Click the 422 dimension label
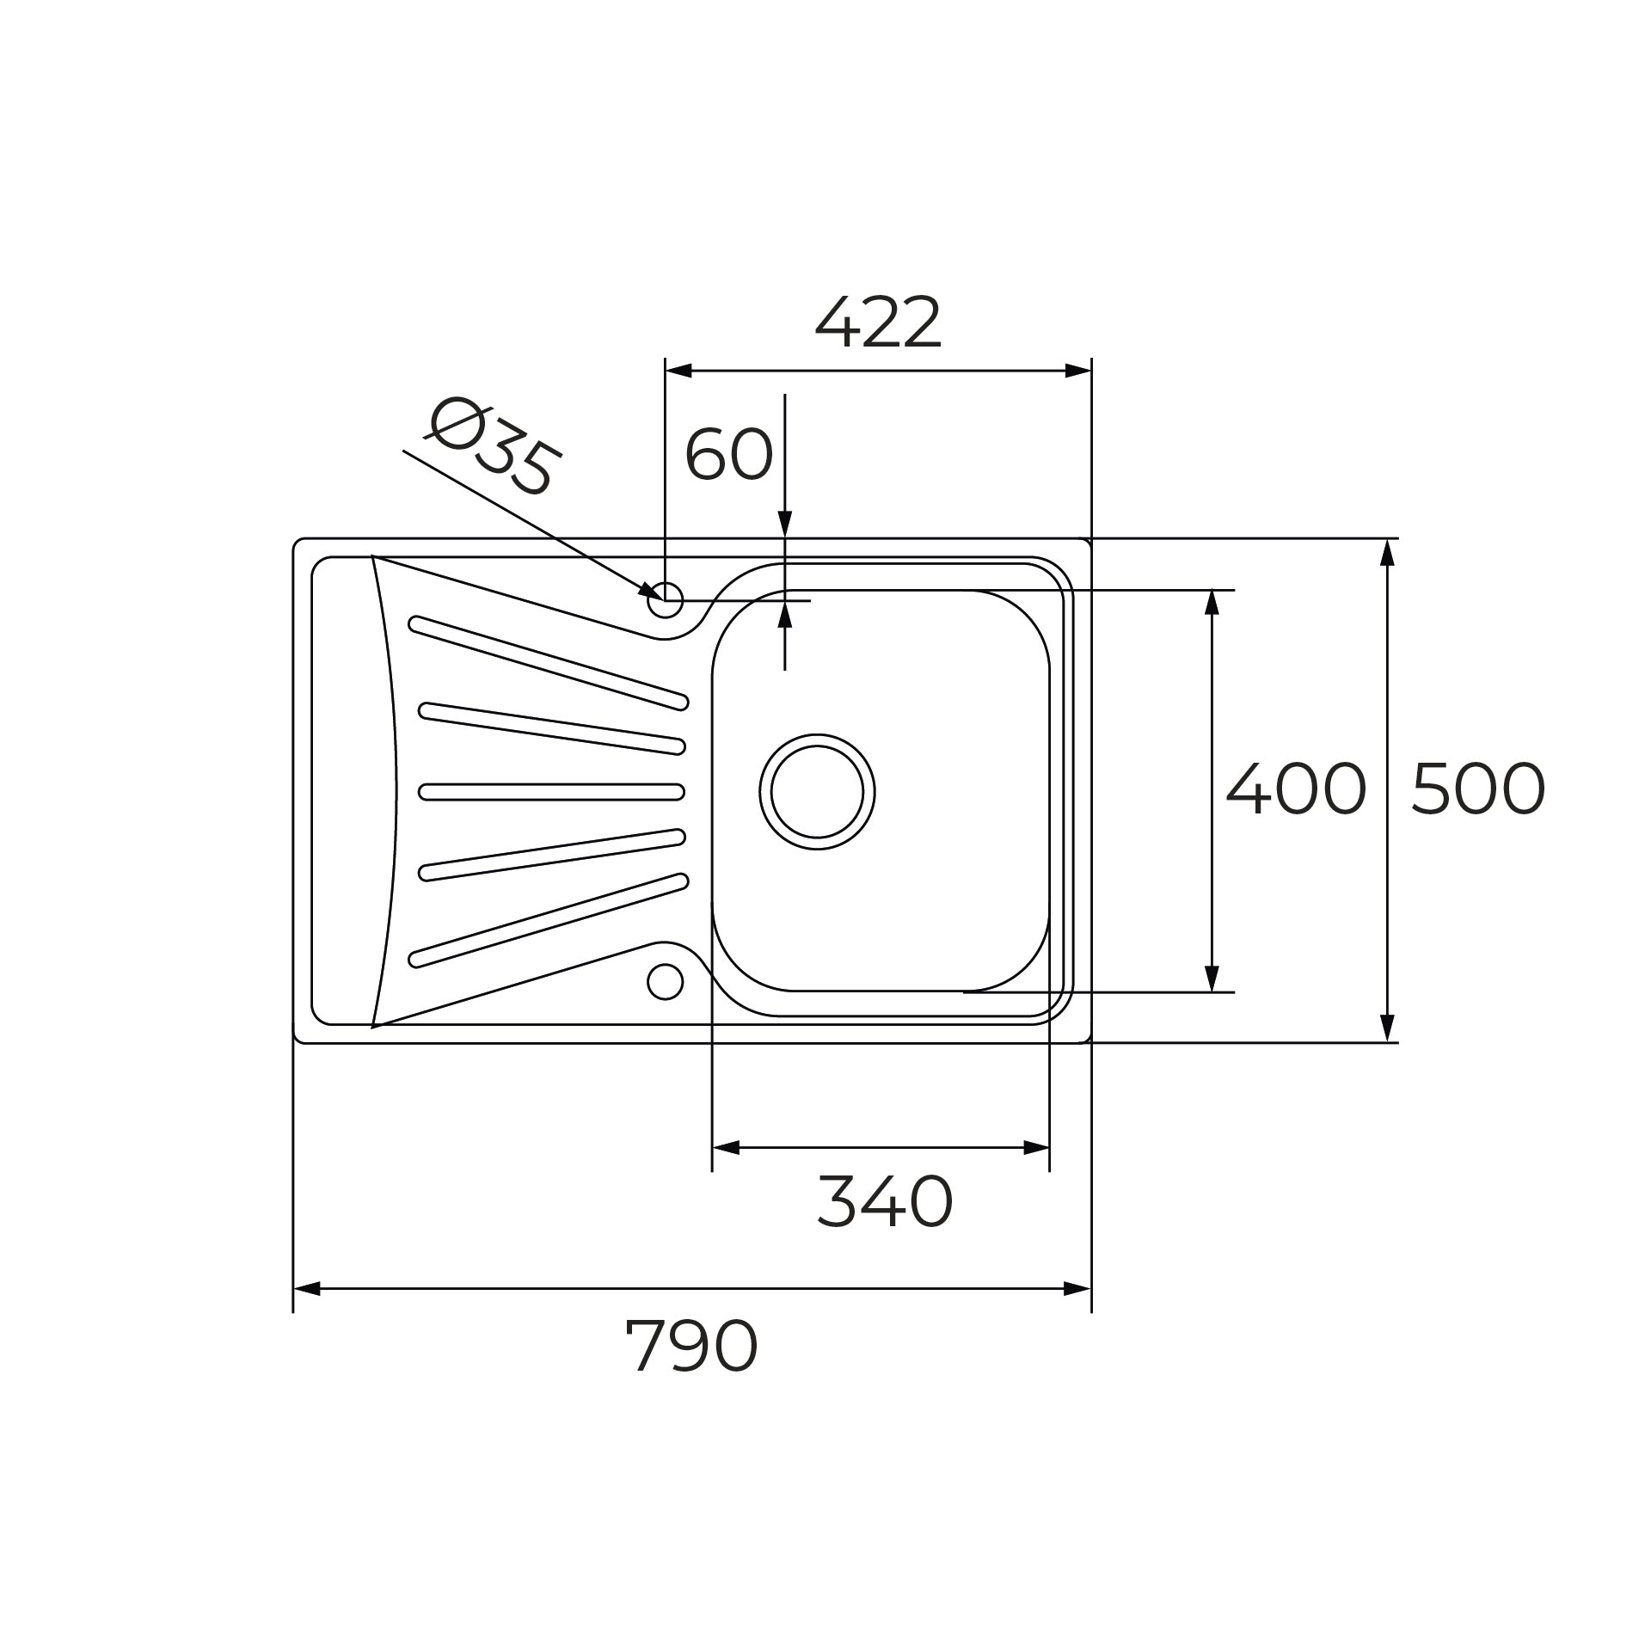click(x=877, y=323)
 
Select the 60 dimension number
click(x=728, y=454)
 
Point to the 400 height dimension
click(x=1295, y=789)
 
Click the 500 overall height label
click(x=1477, y=789)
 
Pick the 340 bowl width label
click(x=884, y=1201)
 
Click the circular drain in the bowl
click(x=817, y=791)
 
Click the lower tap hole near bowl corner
click(x=665, y=981)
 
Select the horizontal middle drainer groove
click(x=551, y=791)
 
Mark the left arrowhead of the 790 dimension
click(x=306, y=1313)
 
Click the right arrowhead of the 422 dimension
click(x=1078, y=371)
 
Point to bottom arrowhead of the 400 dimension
click(x=1212, y=979)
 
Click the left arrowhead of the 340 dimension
click(x=726, y=1148)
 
